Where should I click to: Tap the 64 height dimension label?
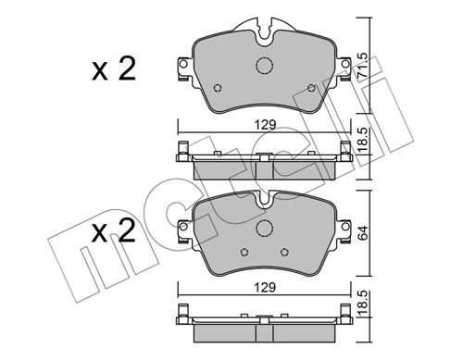[x=362, y=233]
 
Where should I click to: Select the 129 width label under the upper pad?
[x=265, y=125]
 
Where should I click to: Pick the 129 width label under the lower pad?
[x=265, y=288]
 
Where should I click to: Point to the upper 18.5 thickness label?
[x=363, y=140]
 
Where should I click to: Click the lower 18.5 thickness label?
[x=363, y=303]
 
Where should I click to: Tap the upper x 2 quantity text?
[x=114, y=69]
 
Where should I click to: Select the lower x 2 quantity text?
[x=114, y=230]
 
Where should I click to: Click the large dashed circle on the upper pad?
[x=265, y=66]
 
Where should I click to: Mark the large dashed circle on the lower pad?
[x=265, y=228]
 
